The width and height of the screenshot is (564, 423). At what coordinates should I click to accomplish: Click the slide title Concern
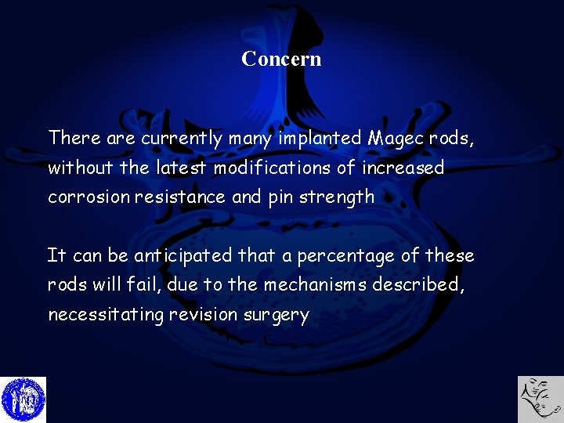click(281, 59)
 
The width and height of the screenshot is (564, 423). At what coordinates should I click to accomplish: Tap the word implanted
click(320, 139)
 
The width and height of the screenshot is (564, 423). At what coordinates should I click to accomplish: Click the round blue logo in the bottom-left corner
click(23, 399)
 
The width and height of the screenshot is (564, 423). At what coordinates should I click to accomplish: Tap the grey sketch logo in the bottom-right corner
click(540, 399)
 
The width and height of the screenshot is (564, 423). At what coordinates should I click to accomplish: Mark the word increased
click(403, 168)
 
